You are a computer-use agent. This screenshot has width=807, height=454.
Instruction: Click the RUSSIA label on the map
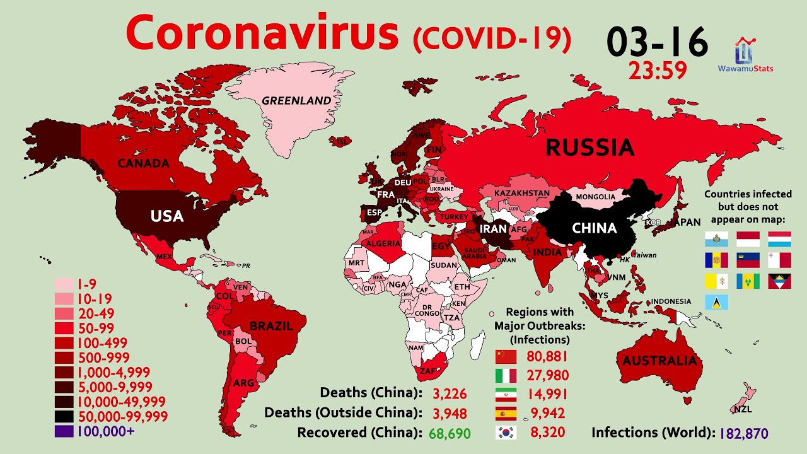(589, 148)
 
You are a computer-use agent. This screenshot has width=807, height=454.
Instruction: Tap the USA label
(167, 216)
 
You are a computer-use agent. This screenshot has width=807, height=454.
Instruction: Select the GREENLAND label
(296, 100)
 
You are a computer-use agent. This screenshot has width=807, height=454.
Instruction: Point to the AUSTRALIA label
(660, 361)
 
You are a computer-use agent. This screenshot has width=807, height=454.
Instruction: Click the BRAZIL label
(271, 326)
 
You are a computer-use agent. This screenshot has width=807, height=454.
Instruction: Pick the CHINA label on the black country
(594, 228)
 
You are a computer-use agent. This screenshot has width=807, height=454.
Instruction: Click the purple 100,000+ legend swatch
(64, 432)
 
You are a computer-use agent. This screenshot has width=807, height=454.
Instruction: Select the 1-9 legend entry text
(88, 284)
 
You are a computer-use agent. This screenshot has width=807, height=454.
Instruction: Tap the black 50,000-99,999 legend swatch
(64, 417)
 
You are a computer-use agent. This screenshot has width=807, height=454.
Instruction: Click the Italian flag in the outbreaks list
(506, 376)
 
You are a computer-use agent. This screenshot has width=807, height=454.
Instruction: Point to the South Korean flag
(506, 433)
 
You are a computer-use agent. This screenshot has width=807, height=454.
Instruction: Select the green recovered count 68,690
(450, 433)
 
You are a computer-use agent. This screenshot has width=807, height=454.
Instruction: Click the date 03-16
(657, 42)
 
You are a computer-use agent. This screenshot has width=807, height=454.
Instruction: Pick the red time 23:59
(657, 71)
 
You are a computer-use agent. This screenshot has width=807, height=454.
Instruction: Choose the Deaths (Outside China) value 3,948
(450, 413)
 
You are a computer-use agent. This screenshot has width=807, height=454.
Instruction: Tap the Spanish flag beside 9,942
(506, 414)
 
